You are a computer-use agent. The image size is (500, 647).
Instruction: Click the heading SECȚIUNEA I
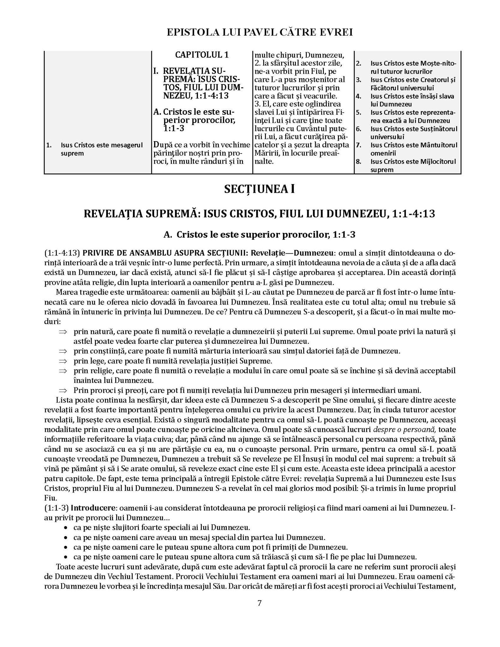pyautogui.click(x=259, y=189)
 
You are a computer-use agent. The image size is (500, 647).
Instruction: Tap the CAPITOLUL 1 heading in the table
pyautogui.click(x=202, y=55)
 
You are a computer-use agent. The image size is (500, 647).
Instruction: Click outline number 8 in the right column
pyautogui.click(x=358, y=162)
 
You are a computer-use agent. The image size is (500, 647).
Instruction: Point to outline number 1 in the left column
pyautogui.click(x=49, y=145)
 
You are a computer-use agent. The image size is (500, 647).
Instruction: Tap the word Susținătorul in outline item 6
pyautogui.click(x=439, y=129)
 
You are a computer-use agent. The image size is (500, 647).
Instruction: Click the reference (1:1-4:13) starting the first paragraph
pyautogui.click(x=62, y=253)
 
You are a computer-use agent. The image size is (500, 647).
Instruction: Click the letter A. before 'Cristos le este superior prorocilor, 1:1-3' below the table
pyautogui.click(x=168, y=234)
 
